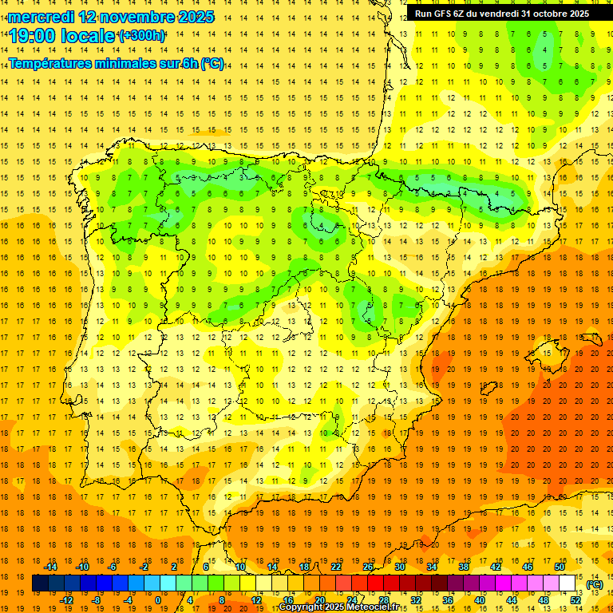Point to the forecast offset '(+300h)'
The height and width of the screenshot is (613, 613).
click(x=142, y=36)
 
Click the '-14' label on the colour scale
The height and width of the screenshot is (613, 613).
click(x=50, y=567)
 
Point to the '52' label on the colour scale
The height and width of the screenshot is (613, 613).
click(x=575, y=599)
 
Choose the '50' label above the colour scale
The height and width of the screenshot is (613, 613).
click(x=560, y=567)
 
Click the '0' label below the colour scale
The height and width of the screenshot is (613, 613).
click(x=158, y=599)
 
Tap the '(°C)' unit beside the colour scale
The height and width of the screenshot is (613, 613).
click(x=594, y=584)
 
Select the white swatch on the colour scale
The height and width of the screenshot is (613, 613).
click(x=568, y=583)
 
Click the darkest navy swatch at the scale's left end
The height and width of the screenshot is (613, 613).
click(x=40, y=583)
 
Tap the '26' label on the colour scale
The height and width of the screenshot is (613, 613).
click(x=368, y=567)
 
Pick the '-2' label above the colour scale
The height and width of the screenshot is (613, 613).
click(x=144, y=567)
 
